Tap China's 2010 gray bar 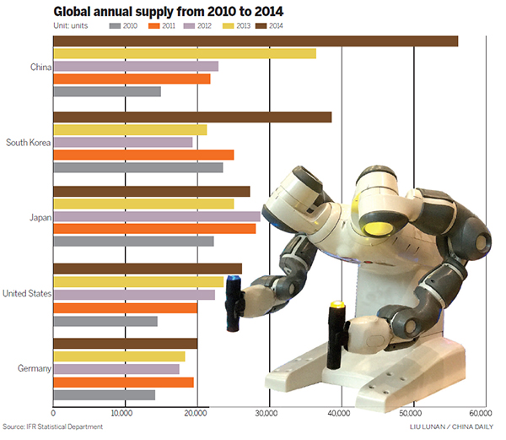pyautogui.click(x=106, y=91)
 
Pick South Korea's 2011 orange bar pyautogui.click(x=143, y=155)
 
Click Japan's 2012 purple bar pyautogui.click(x=156, y=216)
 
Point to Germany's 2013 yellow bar pyautogui.click(x=118, y=356)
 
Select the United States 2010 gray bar pyautogui.click(x=105, y=321)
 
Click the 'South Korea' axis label pyautogui.click(x=28, y=143)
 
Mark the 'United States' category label pyautogui.click(x=27, y=294)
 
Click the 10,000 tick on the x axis pyautogui.click(x=124, y=413)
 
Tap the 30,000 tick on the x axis pyautogui.click(x=267, y=413)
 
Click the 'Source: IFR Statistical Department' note pyautogui.click(x=52, y=427)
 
